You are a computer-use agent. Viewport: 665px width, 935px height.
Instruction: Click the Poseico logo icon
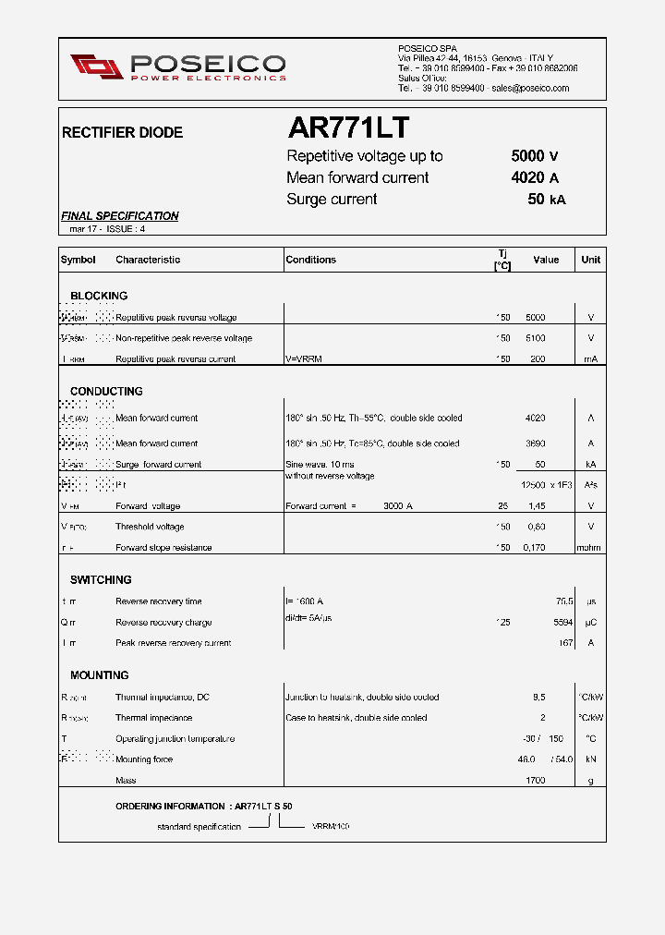click(96, 67)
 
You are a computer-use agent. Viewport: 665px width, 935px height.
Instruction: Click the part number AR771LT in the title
click(348, 127)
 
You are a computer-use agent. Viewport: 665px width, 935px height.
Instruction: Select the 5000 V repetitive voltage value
click(535, 156)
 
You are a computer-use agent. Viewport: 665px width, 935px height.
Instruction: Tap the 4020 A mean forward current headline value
click(535, 177)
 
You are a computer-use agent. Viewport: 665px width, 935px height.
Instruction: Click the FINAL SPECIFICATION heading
click(120, 216)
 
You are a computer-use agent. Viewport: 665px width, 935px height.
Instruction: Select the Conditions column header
click(311, 260)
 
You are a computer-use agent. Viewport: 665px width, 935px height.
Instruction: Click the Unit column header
click(591, 260)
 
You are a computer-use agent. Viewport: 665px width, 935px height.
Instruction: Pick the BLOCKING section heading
click(99, 296)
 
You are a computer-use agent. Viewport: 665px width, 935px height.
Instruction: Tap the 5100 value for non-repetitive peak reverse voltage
click(535, 338)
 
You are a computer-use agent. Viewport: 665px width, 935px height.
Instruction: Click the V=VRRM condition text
click(307, 359)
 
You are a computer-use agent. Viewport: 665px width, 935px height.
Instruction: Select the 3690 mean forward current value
click(535, 443)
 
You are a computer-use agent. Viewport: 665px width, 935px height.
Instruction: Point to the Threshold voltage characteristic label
click(150, 527)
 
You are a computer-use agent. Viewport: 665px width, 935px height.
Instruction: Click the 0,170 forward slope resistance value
click(535, 548)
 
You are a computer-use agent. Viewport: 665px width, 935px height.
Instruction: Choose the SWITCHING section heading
click(101, 580)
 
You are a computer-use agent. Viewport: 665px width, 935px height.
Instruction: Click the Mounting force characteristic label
click(144, 759)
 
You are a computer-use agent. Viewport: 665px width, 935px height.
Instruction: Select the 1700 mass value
click(535, 781)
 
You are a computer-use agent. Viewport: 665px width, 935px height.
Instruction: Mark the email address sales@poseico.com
click(530, 89)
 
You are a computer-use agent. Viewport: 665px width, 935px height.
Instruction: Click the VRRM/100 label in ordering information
click(331, 826)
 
